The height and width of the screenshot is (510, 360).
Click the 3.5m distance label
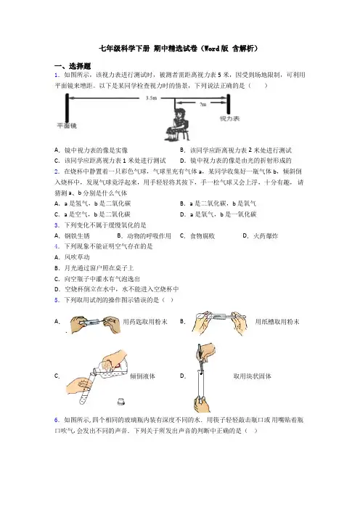click(151, 97)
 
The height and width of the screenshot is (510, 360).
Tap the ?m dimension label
click(202, 105)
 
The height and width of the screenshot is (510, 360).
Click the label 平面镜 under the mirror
click(67, 126)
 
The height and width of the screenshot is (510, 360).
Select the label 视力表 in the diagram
click(229, 118)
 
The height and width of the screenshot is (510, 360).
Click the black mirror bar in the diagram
click(67, 108)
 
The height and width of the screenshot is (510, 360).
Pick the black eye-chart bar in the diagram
click(229, 105)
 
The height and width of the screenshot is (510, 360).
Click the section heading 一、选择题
click(73, 66)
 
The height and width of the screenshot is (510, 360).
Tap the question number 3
click(57, 225)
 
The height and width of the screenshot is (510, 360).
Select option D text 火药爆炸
click(266, 236)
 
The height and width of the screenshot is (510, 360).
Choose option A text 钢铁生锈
click(77, 236)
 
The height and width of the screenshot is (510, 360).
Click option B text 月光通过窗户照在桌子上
click(99, 268)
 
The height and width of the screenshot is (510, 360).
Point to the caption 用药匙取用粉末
click(145, 322)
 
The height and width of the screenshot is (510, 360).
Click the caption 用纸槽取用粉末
click(277, 322)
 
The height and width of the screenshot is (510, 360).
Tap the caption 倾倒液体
click(143, 376)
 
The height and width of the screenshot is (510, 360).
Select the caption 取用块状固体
click(252, 376)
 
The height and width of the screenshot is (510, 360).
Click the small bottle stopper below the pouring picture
click(121, 402)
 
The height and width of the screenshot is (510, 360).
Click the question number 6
click(57, 420)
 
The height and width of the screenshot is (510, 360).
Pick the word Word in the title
click(212, 49)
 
